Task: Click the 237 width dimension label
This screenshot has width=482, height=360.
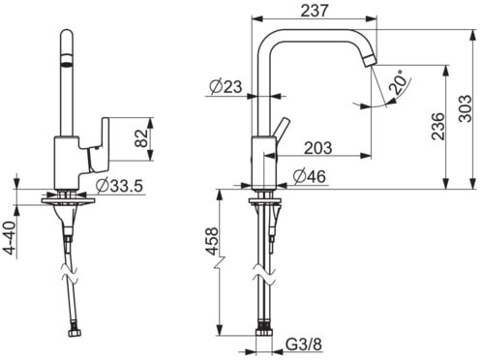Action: coord(314,10)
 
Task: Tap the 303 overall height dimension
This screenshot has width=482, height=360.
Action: coord(465,108)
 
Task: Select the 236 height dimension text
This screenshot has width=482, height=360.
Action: coord(437,126)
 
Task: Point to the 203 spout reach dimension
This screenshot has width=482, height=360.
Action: coord(318,148)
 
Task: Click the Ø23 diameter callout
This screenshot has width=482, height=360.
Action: coord(226,86)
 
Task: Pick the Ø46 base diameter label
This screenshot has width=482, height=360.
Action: coord(309,176)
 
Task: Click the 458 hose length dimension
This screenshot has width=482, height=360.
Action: coord(212,241)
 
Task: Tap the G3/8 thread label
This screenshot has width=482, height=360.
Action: coord(304,345)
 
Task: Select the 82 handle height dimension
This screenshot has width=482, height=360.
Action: coord(141,138)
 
